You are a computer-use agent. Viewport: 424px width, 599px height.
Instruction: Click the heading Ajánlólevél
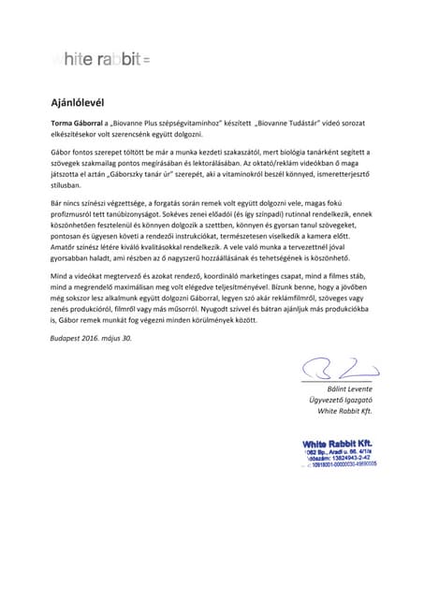click(x=77, y=102)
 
